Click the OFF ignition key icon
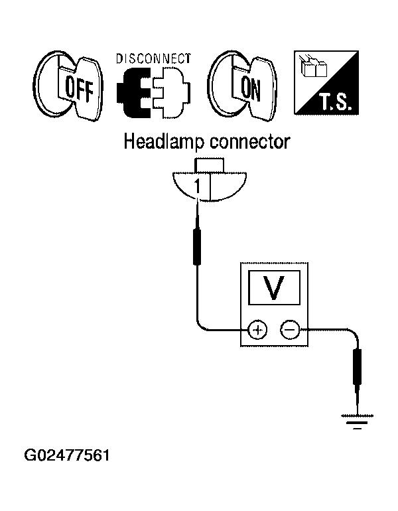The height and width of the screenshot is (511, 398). point(68,86)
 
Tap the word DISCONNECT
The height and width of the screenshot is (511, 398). point(153,58)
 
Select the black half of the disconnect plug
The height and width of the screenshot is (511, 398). point(133,92)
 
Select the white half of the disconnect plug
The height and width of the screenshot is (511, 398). point(171,92)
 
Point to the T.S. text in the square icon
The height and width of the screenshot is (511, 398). point(336,102)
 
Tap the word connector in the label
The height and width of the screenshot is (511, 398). point(249,143)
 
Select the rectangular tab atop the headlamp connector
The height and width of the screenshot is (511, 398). point(209,165)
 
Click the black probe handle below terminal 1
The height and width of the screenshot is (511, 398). point(197,246)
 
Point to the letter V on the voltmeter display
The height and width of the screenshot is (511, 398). point(274,287)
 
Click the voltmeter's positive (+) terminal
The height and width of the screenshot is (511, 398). point(257,330)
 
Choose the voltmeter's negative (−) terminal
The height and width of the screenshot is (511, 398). point(290,330)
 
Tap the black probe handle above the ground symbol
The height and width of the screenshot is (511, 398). point(358,367)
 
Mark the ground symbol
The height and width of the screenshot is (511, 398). point(358,421)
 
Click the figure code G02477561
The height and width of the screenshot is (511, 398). point(67,455)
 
